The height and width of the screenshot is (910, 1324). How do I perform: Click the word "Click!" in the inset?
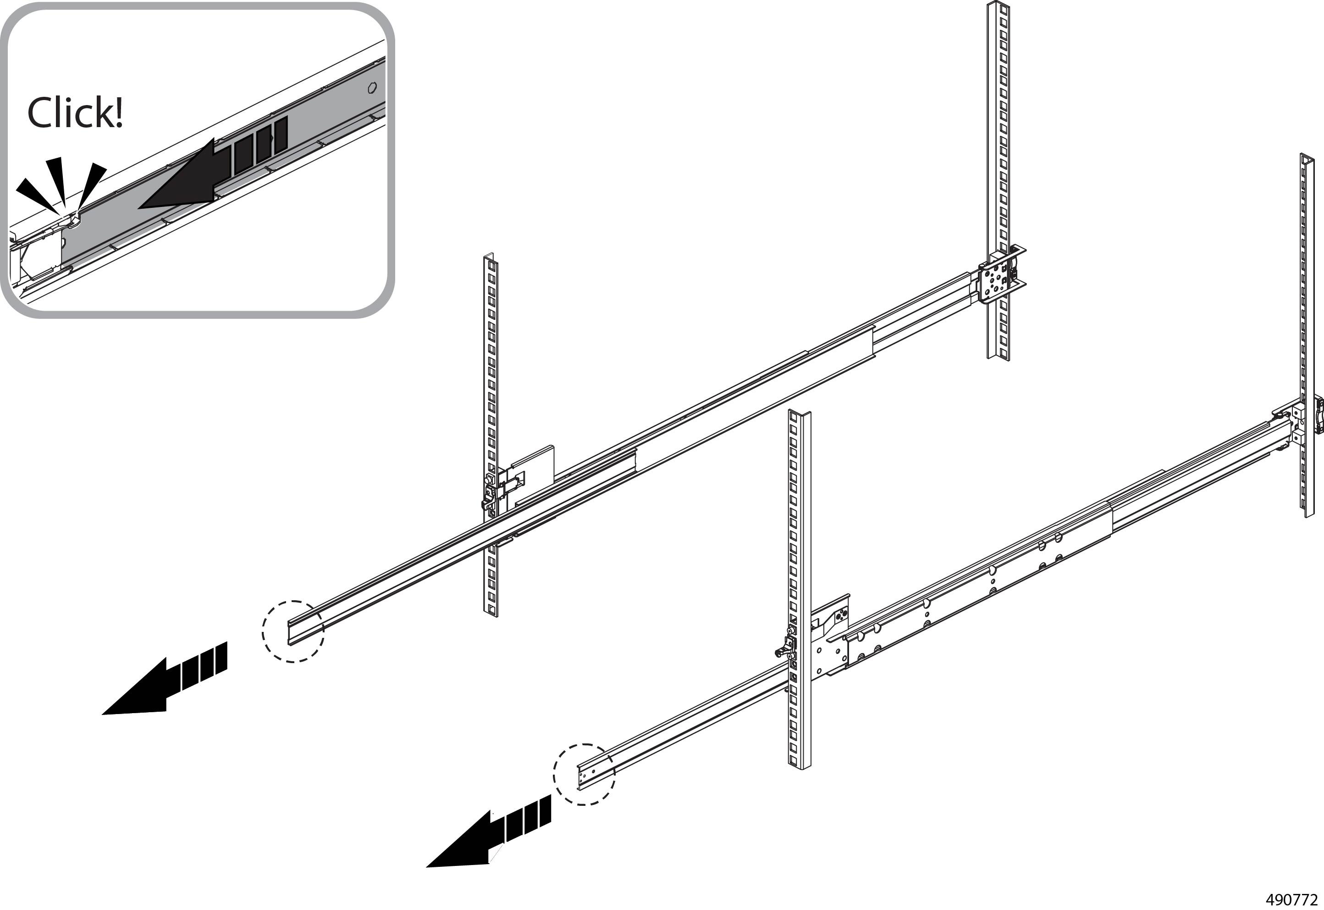tap(75, 112)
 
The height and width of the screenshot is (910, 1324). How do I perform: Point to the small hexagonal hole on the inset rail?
tap(372, 89)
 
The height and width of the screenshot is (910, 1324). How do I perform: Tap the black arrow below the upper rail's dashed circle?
tap(165, 679)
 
